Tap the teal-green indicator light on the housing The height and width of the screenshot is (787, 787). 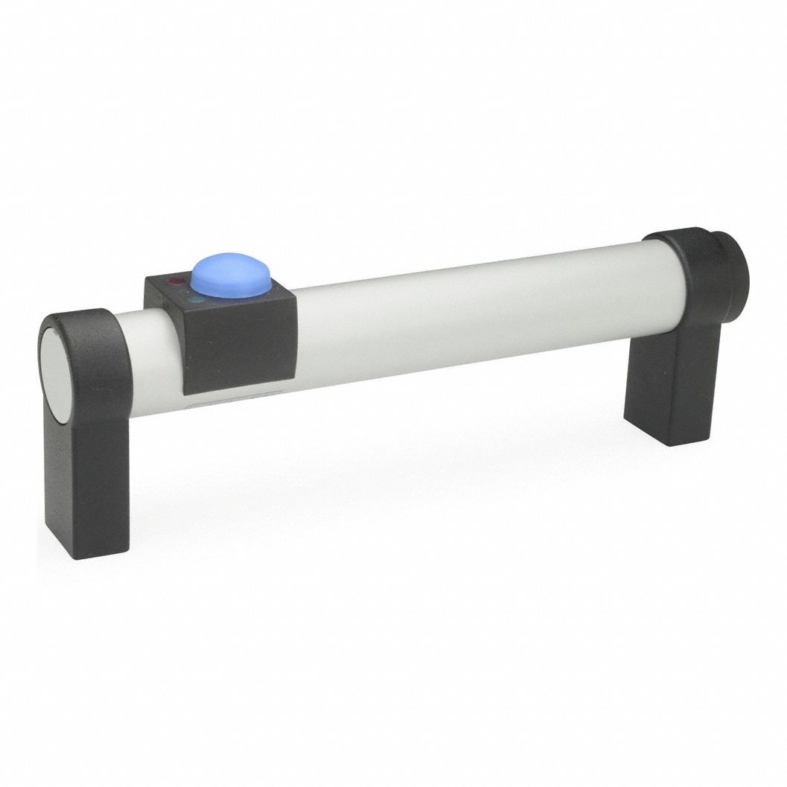pos(195,300)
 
